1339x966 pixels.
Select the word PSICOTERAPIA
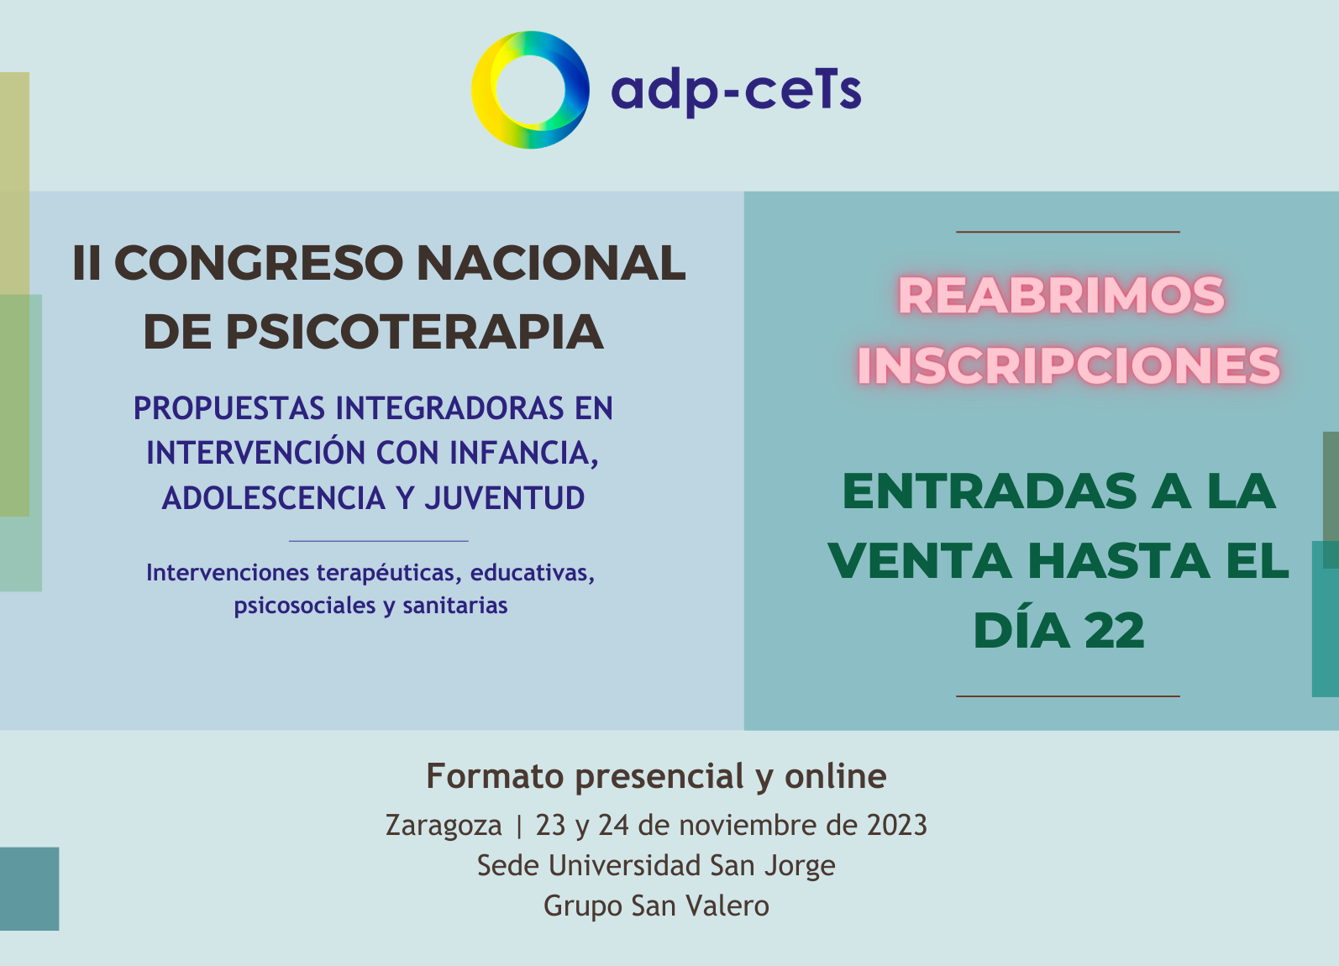point(414,332)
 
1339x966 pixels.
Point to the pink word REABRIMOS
point(1061,295)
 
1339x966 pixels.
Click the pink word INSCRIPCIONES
point(1069,365)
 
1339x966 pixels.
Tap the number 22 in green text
point(1115,631)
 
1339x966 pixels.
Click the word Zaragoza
point(444,826)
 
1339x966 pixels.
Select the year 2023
point(896,825)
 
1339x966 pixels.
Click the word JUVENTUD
point(505,498)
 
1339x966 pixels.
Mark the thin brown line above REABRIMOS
point(1069,231)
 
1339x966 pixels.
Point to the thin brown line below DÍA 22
point(1069,696)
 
